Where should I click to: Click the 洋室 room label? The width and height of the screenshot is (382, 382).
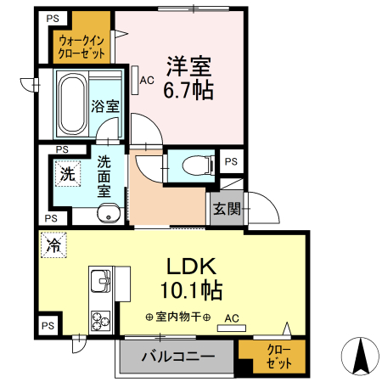(188, 65)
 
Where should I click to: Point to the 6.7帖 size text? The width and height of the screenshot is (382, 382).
(188, 88)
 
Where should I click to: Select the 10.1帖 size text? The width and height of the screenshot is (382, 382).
(191, 290)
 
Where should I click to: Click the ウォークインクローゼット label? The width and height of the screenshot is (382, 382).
(82, 44)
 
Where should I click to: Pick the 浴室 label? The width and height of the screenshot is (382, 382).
(105, 106)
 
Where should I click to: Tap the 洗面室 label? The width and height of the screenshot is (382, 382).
(104, 175)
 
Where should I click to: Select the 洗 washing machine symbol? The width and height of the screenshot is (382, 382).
(65, 172)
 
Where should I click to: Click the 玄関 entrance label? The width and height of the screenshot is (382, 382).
(225, 209)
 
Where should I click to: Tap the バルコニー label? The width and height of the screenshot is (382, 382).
(178, 355)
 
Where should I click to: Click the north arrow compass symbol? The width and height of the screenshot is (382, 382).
(359, 356)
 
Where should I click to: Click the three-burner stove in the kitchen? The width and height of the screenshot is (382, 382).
(100, 322)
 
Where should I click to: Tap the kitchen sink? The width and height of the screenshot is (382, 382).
(99, 281)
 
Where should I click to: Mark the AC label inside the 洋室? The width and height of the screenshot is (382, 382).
(147, 81)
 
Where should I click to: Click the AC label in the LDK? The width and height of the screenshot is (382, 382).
(231, 319)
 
